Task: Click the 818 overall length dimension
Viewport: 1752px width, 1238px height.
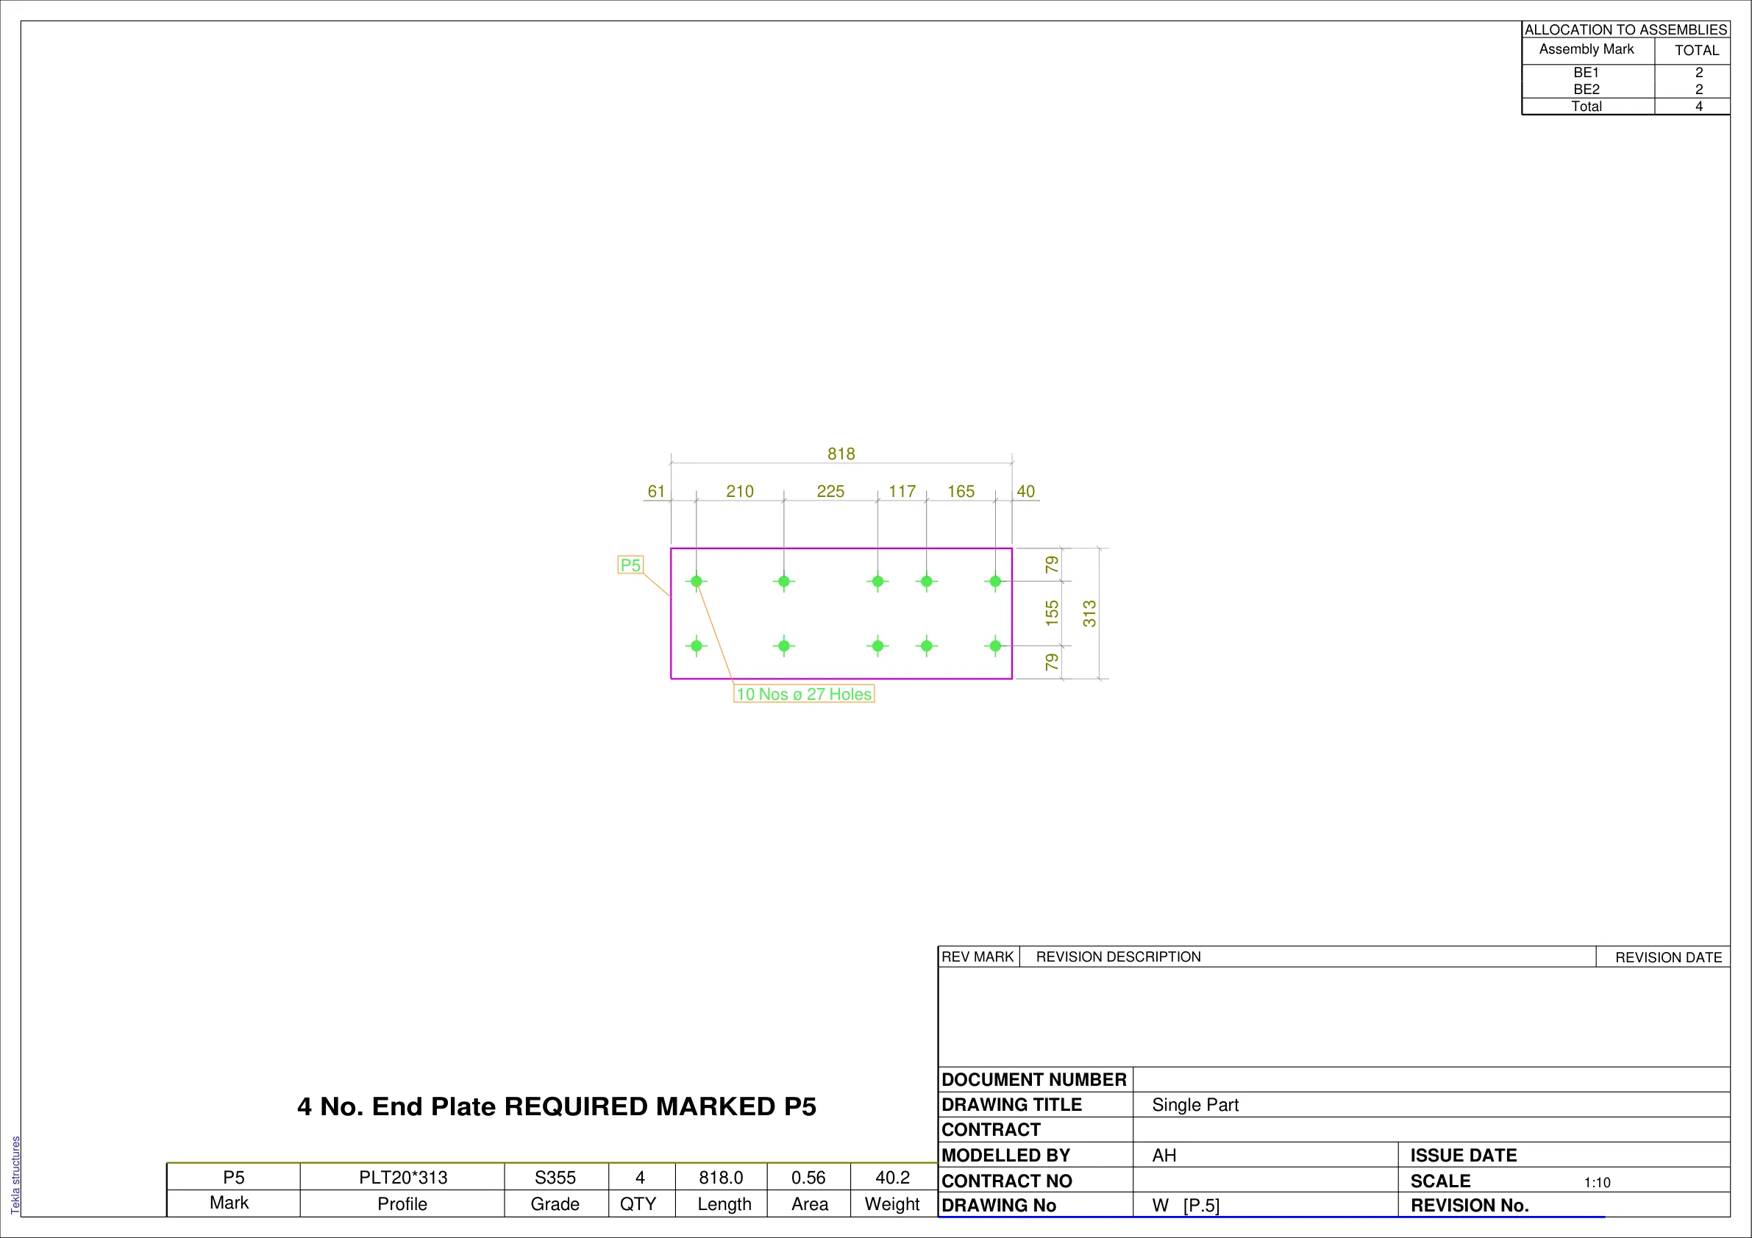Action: coord(841,454)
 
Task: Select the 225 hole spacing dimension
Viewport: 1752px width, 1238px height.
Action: coord(830,491)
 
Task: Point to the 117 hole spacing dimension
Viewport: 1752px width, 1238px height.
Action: coord(902,491)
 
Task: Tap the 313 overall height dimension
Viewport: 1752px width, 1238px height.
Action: coord(1089,613)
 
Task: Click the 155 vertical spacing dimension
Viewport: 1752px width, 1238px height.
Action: coord(1053,613)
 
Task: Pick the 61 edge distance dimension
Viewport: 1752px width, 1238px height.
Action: coord(656,491)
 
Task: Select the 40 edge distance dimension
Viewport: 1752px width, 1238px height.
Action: coord(1025,491)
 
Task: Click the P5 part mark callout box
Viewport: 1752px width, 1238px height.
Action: coord(630,565)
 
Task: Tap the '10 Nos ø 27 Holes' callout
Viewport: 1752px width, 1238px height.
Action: coord(803,694)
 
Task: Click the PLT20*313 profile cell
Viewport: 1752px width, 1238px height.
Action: coord(403,1178)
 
